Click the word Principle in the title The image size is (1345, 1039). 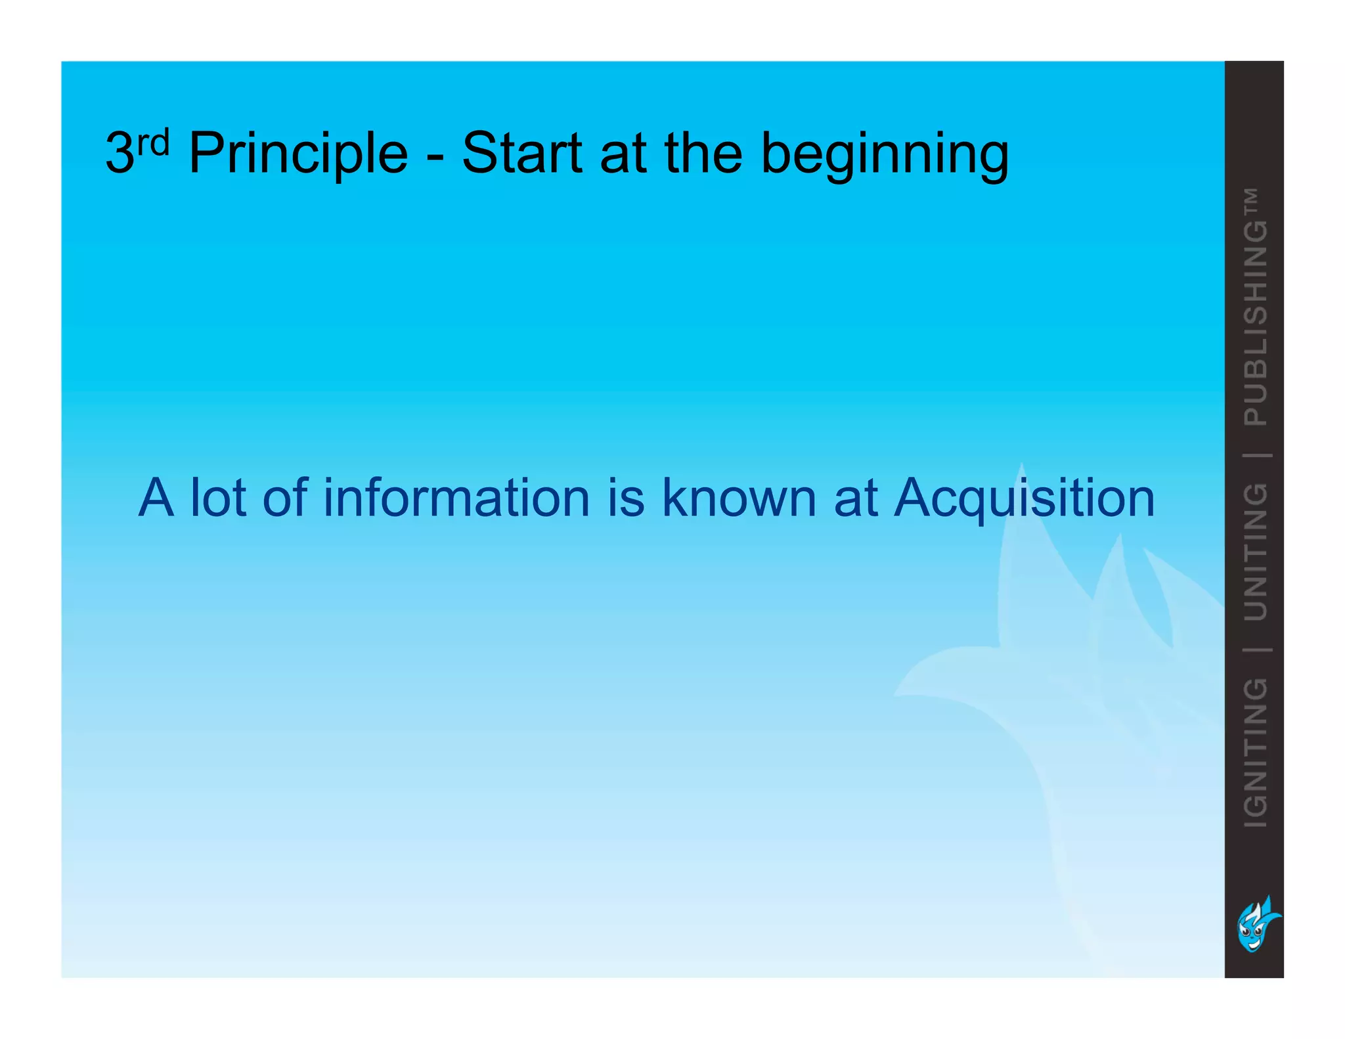(298, 154)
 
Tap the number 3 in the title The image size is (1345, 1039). (120, 154)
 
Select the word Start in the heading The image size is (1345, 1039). (521, 154)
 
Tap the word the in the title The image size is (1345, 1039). (703, 154)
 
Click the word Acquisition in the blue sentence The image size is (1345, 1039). (1024, 498)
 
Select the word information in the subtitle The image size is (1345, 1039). (456, 497)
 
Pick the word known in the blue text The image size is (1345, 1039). (739, 497)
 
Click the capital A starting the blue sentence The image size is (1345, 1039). (156, 497)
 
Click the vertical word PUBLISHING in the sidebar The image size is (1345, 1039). (1256, 323)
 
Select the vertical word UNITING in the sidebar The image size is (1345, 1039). (1256, 552)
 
